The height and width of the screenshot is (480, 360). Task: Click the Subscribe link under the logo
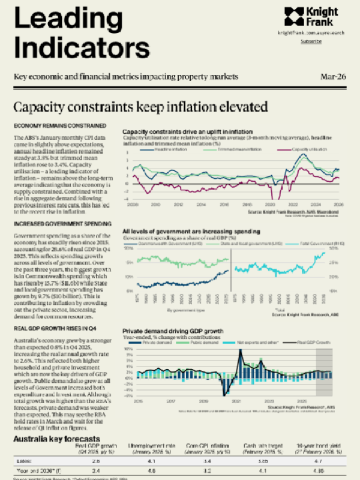[x=311, y=41]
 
